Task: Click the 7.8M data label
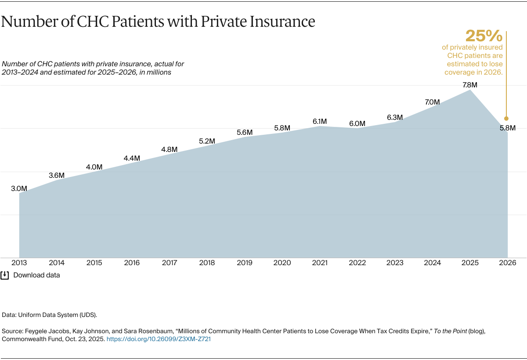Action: pos(470,85)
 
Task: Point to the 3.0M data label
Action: pos(19,189)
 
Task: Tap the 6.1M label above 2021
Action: pos(320,121)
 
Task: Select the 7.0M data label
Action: pos(432,102)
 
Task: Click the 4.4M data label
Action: pos(132,158)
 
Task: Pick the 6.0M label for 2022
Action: pos(357,124)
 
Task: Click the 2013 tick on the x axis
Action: pos(19,263)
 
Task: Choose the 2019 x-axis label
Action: pos(245,263)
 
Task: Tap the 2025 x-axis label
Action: pos(470,263)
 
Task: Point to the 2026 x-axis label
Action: pos(507,263)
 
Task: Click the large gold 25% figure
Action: pos(484,36)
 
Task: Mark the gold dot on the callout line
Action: pos(506,118)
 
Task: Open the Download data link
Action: pos(36,275)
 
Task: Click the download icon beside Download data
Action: pos(5,275)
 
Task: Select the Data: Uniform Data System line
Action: pos(49,315)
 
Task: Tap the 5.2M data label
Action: pos(207,141)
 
